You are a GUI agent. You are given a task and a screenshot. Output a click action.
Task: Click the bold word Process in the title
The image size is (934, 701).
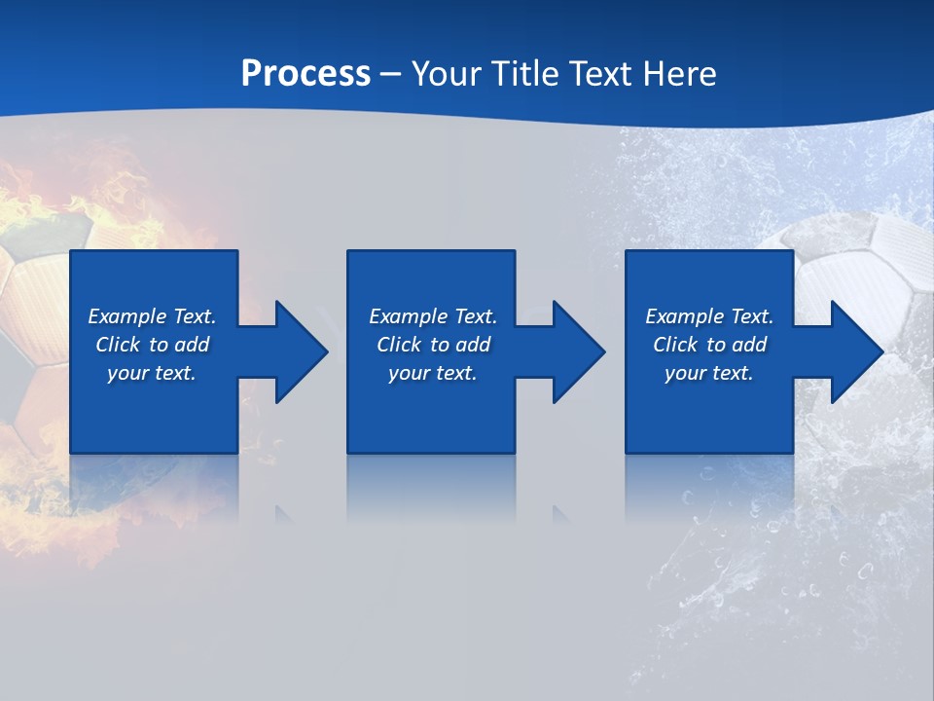click(305, 73)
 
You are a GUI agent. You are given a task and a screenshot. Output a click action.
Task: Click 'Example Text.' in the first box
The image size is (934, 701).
click(152, 316)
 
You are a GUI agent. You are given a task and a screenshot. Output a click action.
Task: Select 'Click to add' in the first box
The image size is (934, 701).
click(152, 345)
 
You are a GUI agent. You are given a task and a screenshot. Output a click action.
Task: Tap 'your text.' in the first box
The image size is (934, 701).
click(152, 373)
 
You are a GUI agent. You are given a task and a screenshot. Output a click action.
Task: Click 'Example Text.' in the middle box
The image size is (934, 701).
click(433, 316)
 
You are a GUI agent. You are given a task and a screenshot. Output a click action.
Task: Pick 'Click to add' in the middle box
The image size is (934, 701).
click(433, 345)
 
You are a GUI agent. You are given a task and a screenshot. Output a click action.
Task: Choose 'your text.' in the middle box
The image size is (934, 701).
click(433, 373)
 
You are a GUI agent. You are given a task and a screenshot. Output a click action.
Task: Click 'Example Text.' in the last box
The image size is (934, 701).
click(709, 316)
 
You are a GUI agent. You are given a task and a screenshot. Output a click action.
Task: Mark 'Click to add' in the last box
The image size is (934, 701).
click(709, 345)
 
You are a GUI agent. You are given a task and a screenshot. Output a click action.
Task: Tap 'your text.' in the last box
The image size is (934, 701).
click(709, 373)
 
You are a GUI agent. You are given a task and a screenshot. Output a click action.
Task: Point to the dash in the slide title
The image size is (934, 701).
click(391, 74)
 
